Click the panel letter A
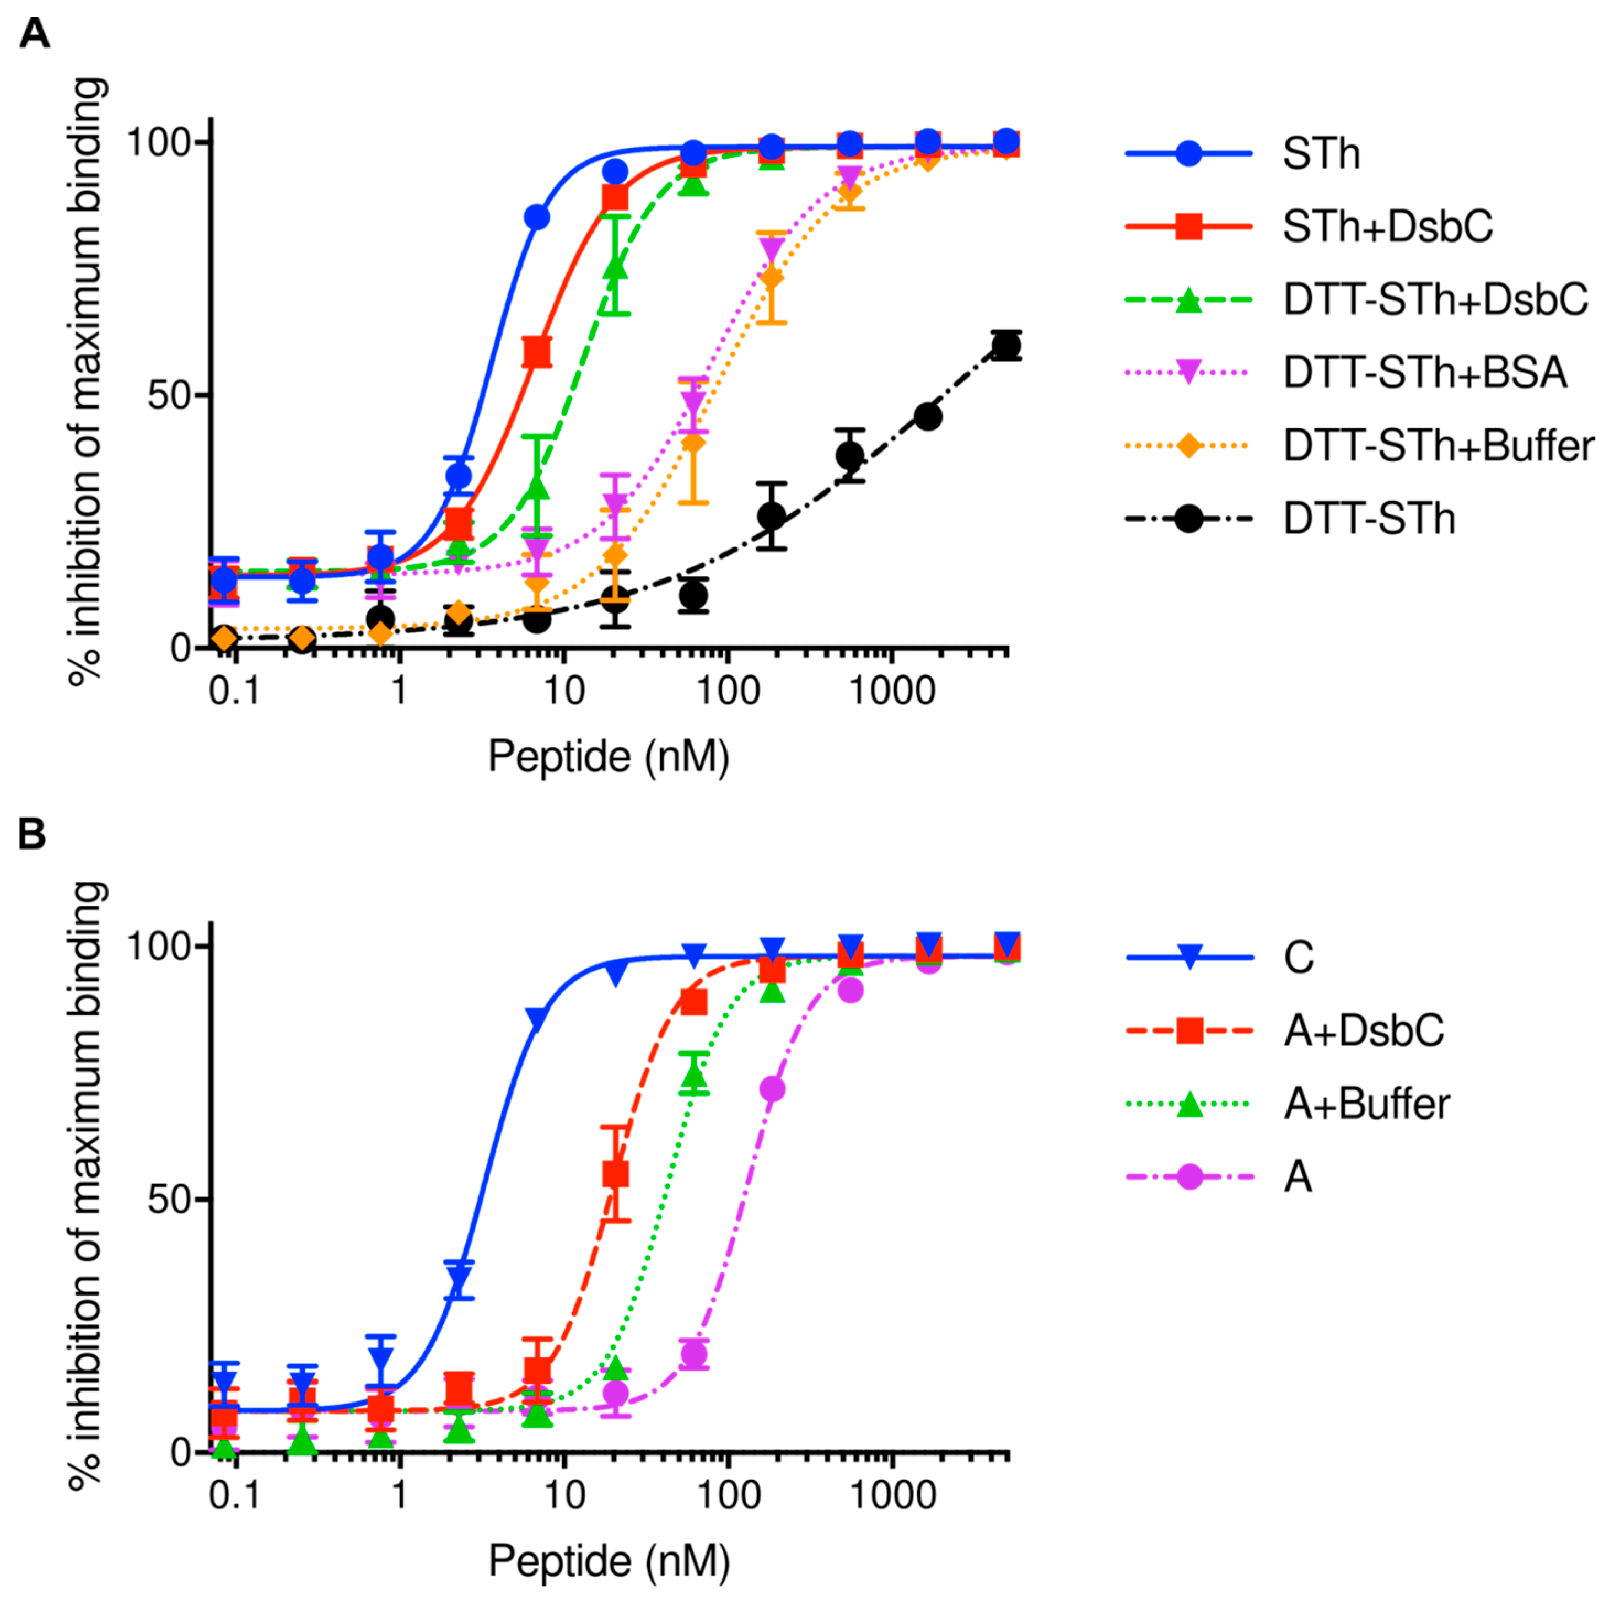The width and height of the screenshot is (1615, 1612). point(34,34)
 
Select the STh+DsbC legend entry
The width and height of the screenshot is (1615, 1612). point(1387,227)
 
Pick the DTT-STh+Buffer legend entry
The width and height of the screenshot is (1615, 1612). point(1438,445)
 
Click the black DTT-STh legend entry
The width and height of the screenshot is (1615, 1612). point(1369,519)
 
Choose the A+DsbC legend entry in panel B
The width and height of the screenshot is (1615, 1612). point(1363,1030)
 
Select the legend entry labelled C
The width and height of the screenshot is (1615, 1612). point(1298,958)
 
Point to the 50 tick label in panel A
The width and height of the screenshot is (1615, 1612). point(170,395)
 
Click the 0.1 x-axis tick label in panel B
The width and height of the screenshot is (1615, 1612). point(234,1495)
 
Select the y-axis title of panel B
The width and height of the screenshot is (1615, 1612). point(87,1187)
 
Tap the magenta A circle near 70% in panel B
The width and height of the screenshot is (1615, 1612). point(772,1089)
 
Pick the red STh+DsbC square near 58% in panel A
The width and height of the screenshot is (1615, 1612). point(537,352)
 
